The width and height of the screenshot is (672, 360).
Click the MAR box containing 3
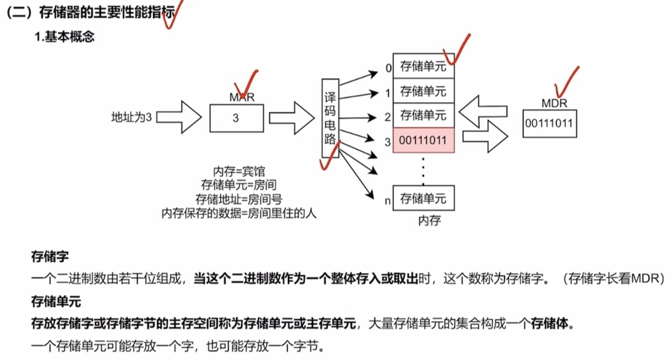tap(236, 119)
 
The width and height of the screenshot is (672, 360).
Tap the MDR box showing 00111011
tap(549, 124)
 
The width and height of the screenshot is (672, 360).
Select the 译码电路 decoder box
tap(331, 117)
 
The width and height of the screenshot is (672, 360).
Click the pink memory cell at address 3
tap(423, 141)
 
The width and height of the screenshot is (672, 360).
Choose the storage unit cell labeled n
tap(423, 199)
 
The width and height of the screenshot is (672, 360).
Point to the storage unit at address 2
tap(423, 115)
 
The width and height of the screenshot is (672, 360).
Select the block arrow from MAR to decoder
tap(290, 116)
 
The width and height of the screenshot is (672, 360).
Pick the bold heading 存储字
tap(50, 257)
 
